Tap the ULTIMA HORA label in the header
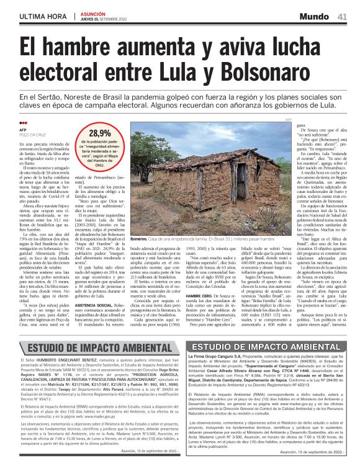pos(43,16)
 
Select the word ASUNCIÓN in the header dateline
pos(93,13)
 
